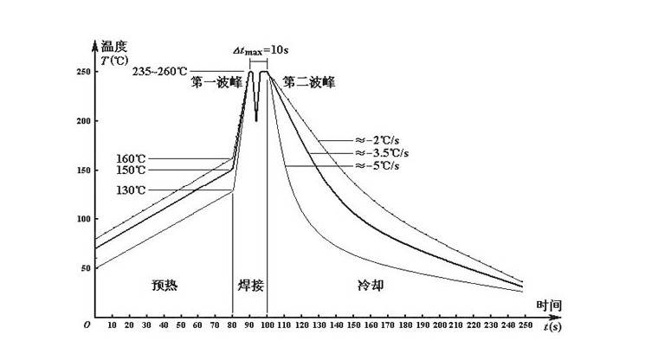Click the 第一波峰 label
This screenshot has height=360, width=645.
(x=216, y=83)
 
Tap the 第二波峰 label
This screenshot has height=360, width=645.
(x=308, y=83)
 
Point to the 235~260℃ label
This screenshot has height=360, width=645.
(x=160, y=72)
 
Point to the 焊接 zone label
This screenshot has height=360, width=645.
(x=249, y=284)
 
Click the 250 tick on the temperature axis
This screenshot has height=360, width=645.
(x=83, y=72)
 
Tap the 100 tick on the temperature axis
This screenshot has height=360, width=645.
(x=83, y=220)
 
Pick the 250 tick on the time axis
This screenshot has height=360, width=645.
(x=524, y=325)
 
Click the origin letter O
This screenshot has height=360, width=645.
(x=86, y=325)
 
